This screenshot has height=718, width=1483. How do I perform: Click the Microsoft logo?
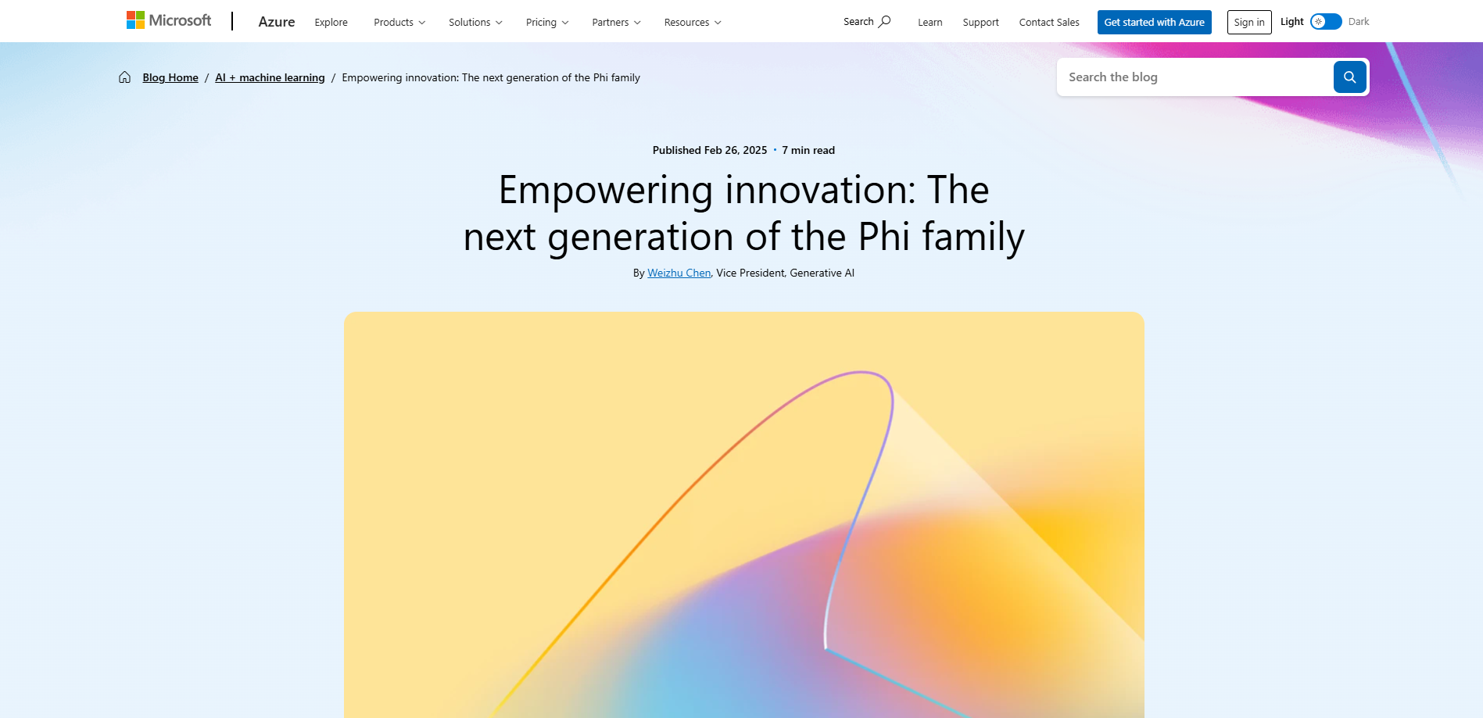(169, 20)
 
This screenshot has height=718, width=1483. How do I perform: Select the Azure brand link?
(277, 22)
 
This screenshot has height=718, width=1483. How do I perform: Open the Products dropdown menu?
(399, 22)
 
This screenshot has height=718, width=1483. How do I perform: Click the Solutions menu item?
(475, 22)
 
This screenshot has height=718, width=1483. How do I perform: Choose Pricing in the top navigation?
(547, 22)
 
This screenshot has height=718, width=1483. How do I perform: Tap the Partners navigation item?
(616, 22)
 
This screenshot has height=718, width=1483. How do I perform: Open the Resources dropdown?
(693, 22)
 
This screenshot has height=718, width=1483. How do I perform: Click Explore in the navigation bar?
(331, 22)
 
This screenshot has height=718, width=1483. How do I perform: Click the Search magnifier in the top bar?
(885, 21)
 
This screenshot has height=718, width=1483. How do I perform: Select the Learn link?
(930, 22)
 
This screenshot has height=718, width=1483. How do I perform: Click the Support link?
(981, 22)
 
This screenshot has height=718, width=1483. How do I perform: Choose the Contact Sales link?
(1049, 22)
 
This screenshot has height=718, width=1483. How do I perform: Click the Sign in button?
(1249, 22)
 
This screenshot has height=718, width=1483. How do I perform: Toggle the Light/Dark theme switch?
(1326, 21)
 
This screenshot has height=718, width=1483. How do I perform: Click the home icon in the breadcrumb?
(124, 77)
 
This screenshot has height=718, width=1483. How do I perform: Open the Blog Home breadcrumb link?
(170, 77)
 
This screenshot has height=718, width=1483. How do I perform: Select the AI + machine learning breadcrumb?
(270, 77)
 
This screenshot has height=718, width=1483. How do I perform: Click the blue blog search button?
(1350, 77)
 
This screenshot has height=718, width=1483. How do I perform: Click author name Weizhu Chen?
(679, 273)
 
